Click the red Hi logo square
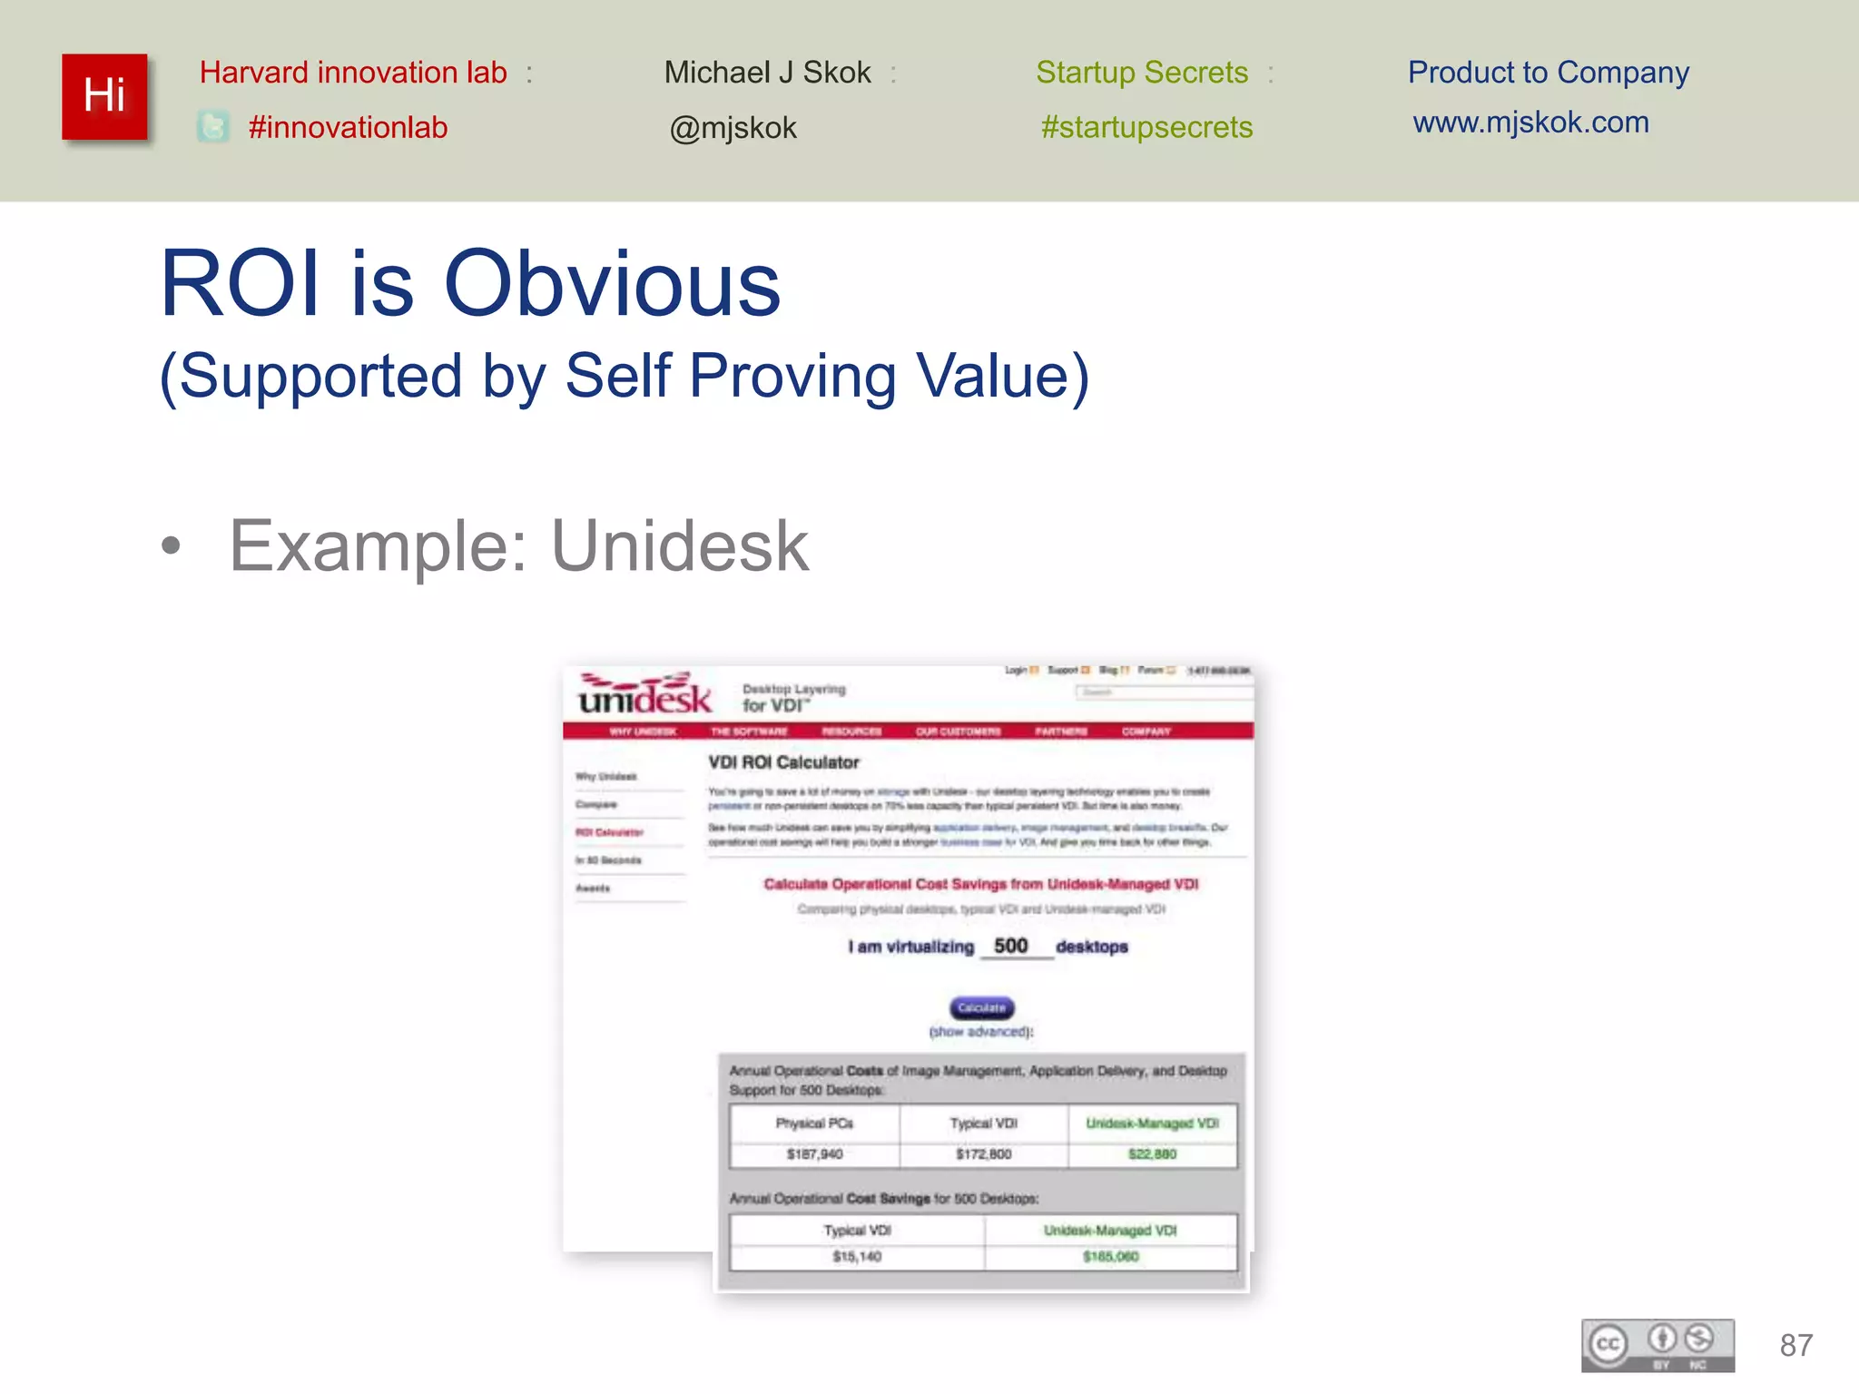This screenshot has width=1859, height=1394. [x=104, y=96]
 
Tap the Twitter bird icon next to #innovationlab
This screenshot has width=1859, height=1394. [x=213, y=127]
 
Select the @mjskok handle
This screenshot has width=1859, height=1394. [x=733, y=128]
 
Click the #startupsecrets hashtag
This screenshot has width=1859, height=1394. [x=1146, y=127]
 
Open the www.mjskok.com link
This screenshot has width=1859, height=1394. [x=1530, y=123]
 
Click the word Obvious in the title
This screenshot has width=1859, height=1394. [x=612, y=284]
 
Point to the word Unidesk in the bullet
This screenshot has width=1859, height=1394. [x=680, y=546]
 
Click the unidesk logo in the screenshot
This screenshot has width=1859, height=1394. [x=645, y=695]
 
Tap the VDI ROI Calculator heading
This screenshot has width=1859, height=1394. [x=783, y=762]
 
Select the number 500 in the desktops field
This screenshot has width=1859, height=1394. [x=1010, y=946]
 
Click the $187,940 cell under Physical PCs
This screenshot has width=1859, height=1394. [x=814, y=1154]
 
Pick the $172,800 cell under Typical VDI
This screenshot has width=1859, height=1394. [x=983, y=1154]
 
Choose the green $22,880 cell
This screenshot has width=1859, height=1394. [x=1152, y=1154]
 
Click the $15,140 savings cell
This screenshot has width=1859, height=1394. [x=857, y=1257]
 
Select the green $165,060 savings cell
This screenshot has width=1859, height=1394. [x=1110, y=1257]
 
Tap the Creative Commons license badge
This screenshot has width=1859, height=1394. [x=1657, y=1345]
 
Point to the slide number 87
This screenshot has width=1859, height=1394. [x=1795, y=1345]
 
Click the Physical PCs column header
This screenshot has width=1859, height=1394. [x=814, y=1124]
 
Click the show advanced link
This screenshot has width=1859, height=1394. [x=980, y=1032]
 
